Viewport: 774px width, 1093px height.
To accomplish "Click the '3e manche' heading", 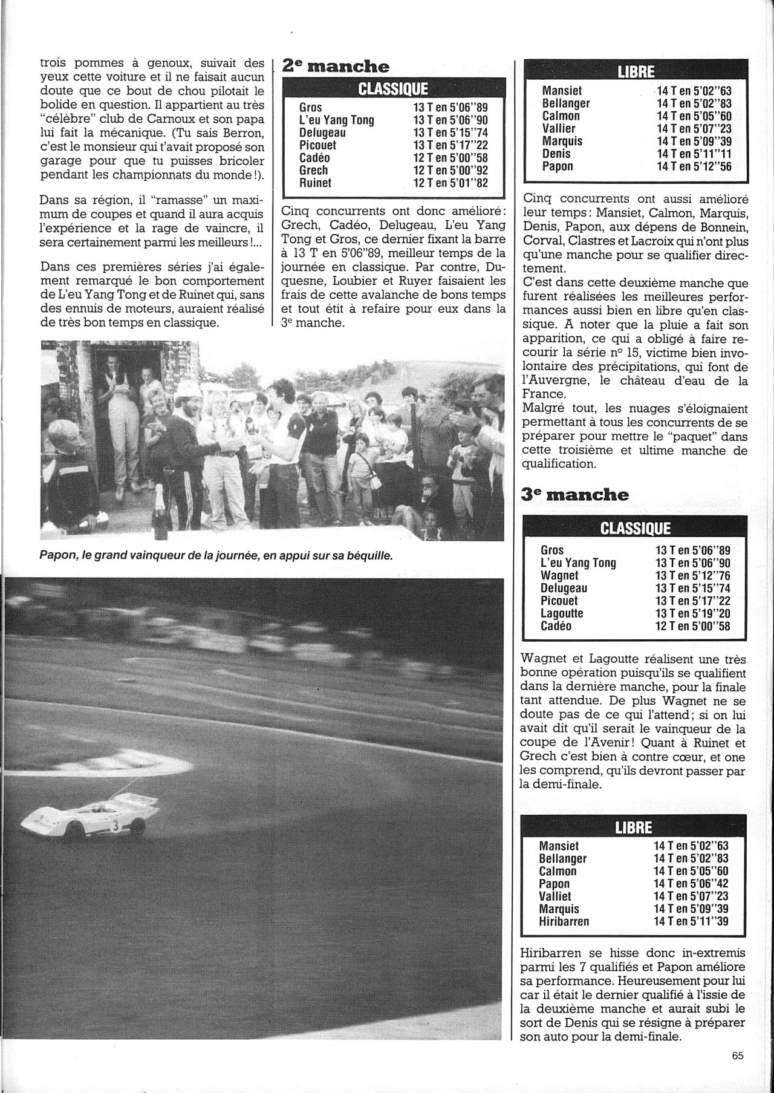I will point(575,494).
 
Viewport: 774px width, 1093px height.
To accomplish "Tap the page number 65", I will point(737,1073).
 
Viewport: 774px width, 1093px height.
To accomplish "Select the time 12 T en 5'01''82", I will point(450,183).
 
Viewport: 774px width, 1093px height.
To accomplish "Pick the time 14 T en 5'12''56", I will point(694,166).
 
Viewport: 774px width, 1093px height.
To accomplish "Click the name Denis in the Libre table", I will point(556,154).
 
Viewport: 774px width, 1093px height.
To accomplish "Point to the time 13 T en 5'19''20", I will point(692,613).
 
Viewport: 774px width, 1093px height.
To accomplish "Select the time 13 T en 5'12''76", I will point(692,575).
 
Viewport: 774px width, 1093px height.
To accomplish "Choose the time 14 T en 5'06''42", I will point(692,884).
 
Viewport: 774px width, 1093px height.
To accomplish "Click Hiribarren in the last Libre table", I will point(564,922).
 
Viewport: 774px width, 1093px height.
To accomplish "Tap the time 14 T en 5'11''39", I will point(692,922).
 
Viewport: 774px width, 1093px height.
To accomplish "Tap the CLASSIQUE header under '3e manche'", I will point(635,529).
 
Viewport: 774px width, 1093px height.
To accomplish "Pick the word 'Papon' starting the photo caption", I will point(59,555).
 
